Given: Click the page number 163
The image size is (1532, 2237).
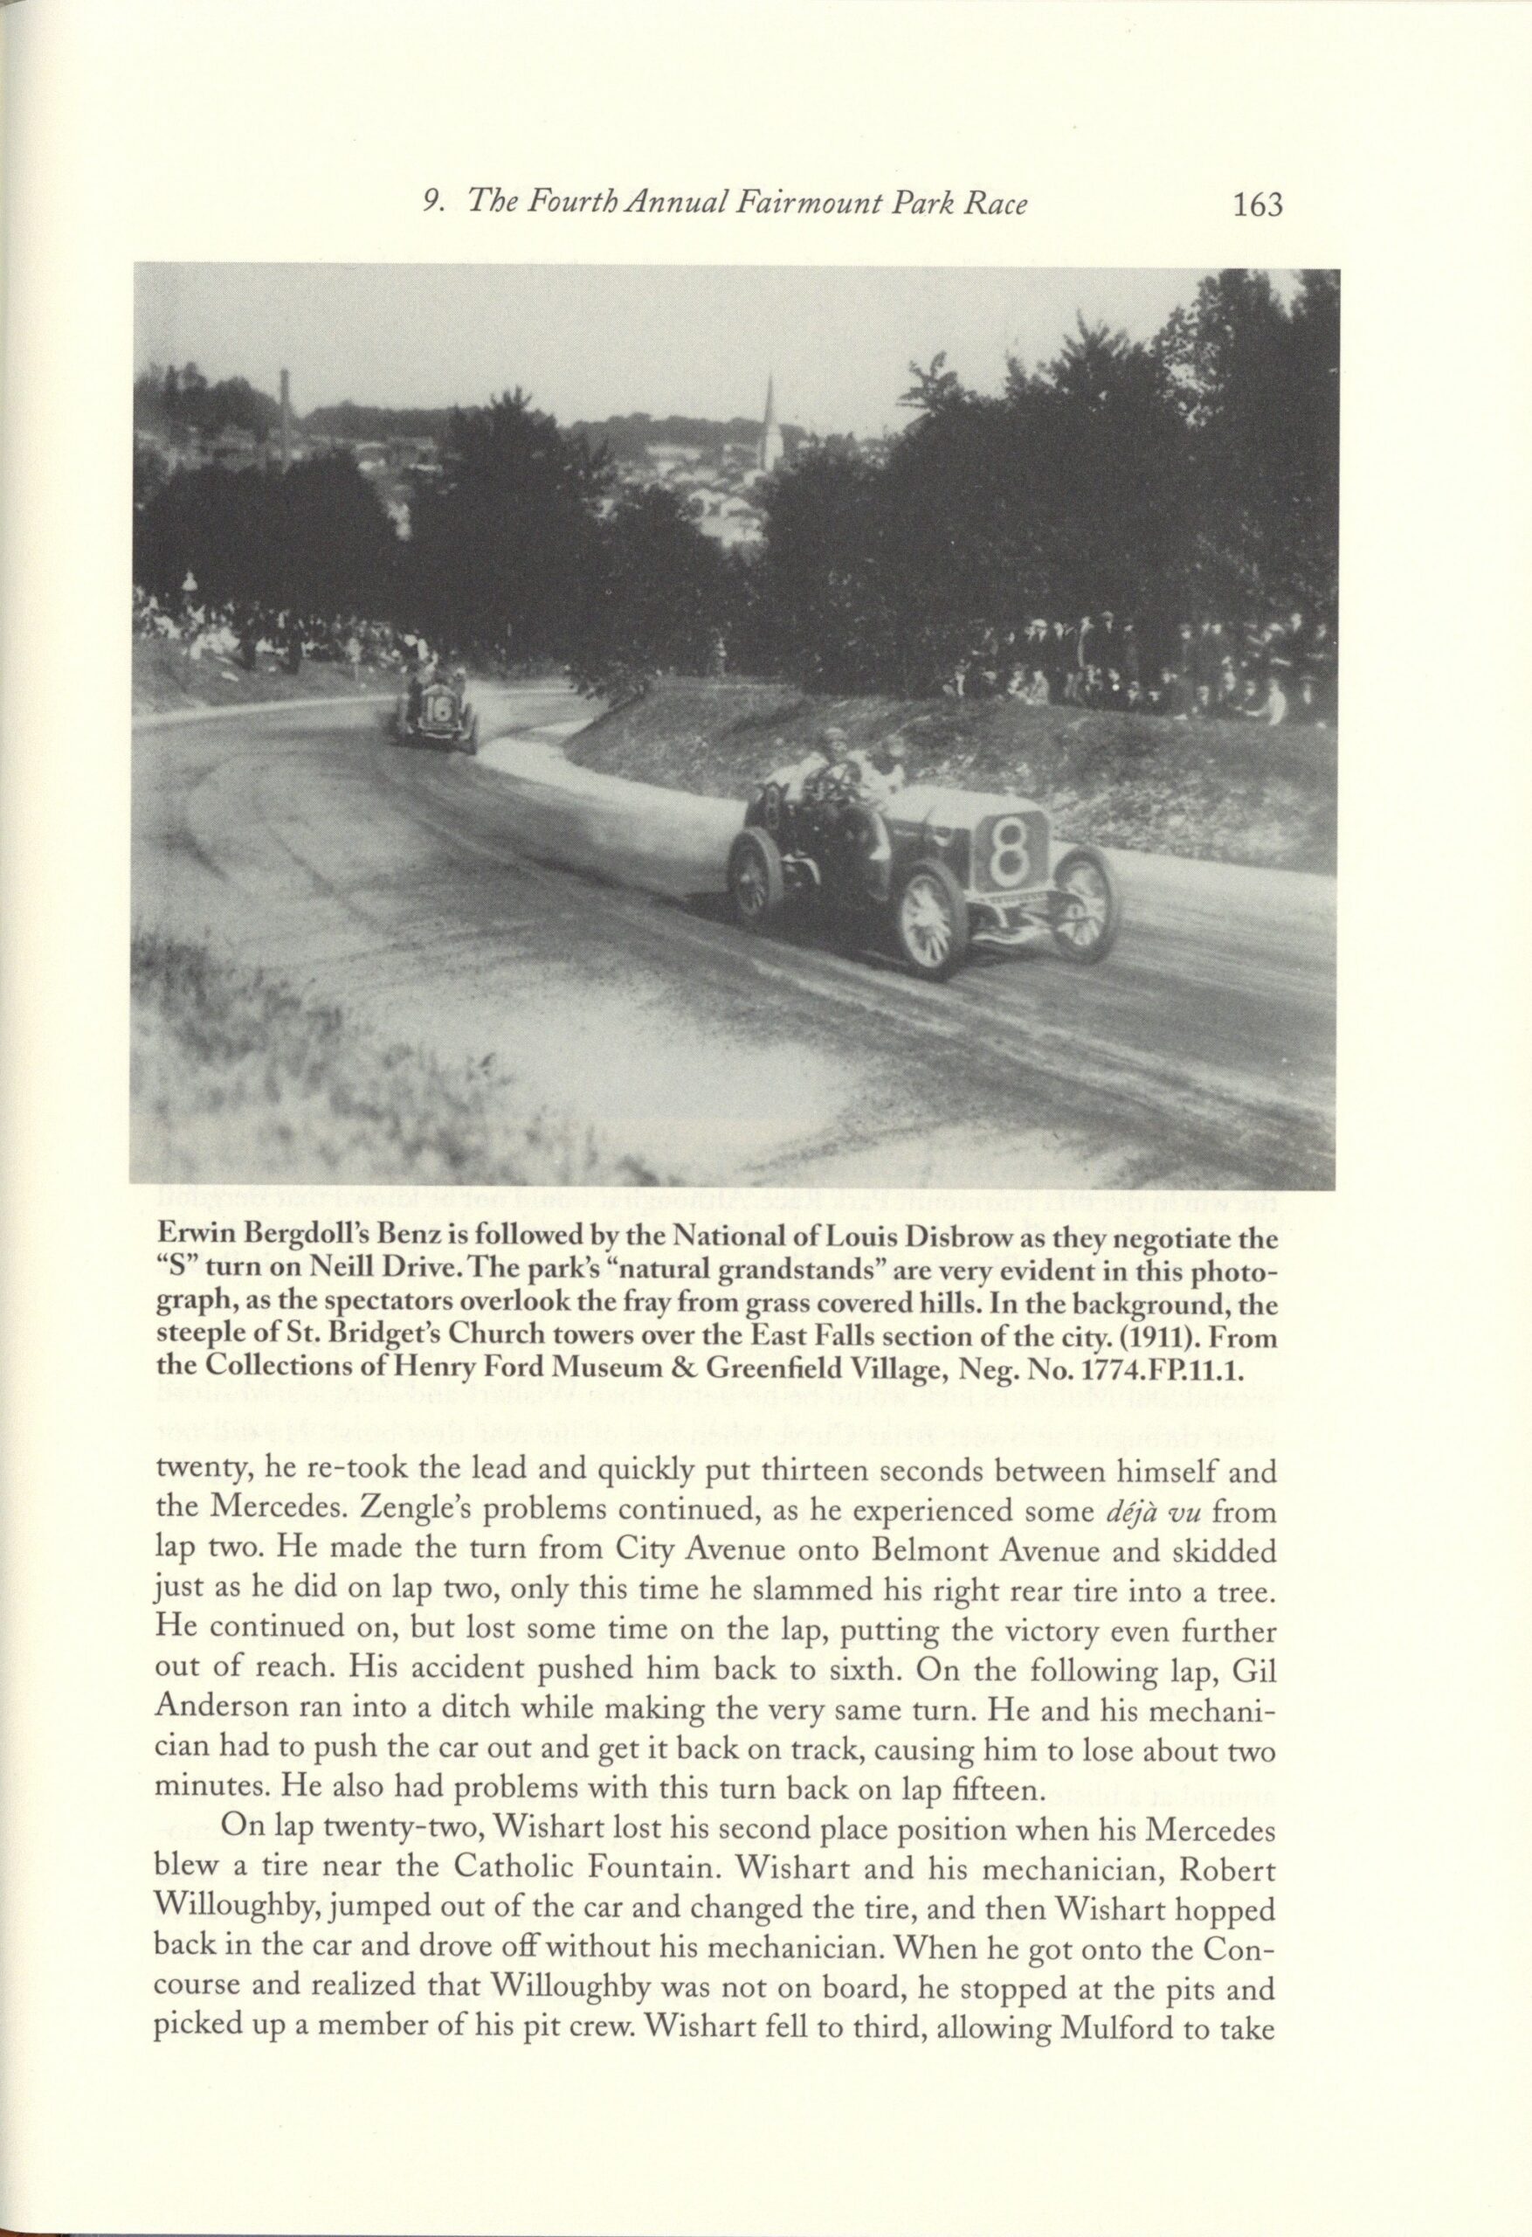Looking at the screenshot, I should pos(1257,206).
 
